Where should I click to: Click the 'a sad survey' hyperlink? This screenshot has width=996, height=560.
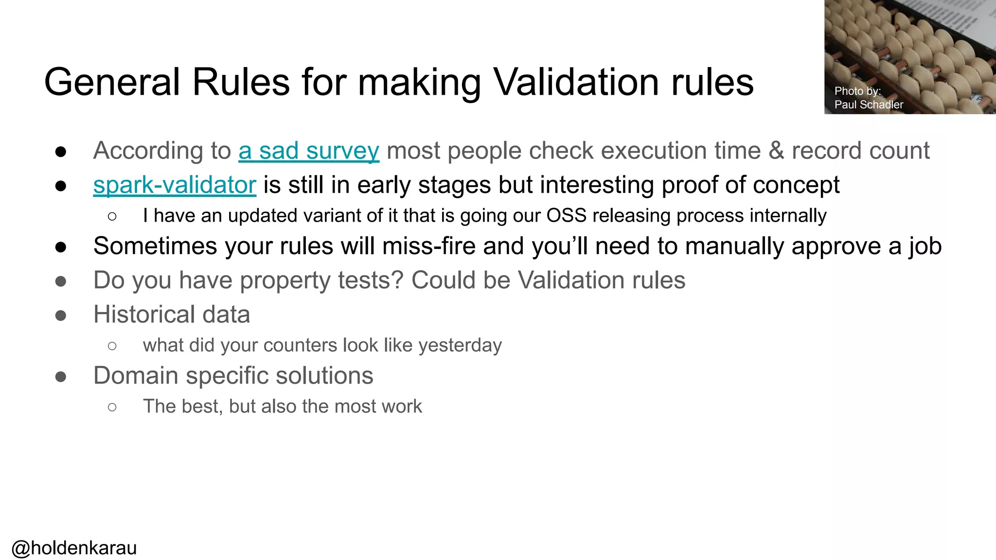(308, 151)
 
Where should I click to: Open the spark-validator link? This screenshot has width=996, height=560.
(175, 185)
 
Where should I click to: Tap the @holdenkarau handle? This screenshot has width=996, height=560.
(74, 548)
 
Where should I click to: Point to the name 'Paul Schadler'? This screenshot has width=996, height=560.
(869, 105)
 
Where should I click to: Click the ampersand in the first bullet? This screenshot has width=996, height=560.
(776, 151)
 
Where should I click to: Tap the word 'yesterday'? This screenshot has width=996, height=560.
(460, 345)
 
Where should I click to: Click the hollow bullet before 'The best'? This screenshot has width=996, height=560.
(112, 407)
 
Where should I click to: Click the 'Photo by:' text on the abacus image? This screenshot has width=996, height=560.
(857, 91)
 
